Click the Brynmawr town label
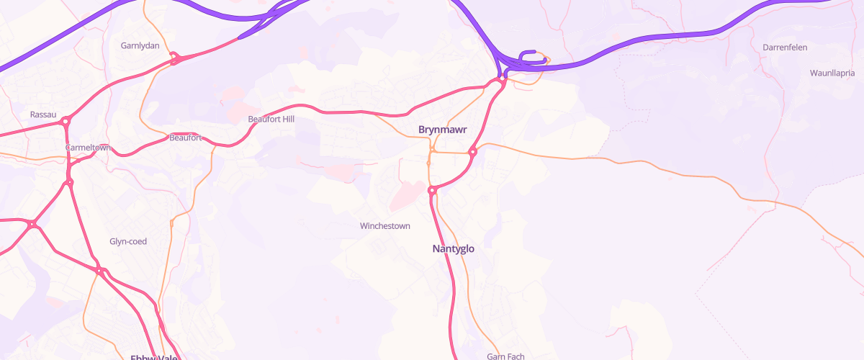tap(443, 130)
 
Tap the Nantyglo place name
tap(454, 249)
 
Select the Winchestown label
tap(385, 226)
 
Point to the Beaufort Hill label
tap(271, 119)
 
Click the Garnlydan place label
tap(140, 45)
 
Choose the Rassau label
tap(43, 114)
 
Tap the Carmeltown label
tap(87, 148)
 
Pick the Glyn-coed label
tap(128, 242)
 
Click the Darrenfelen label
tap(785, 48)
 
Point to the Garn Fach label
tap(505, 356)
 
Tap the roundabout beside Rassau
tap(66, 122)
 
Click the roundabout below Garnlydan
tap(174, 58)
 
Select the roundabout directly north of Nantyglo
tap(433, 191)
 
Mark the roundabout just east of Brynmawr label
tap(473, 152)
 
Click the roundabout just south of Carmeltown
tap(69, 183)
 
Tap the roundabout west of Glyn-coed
tap(32, 225)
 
